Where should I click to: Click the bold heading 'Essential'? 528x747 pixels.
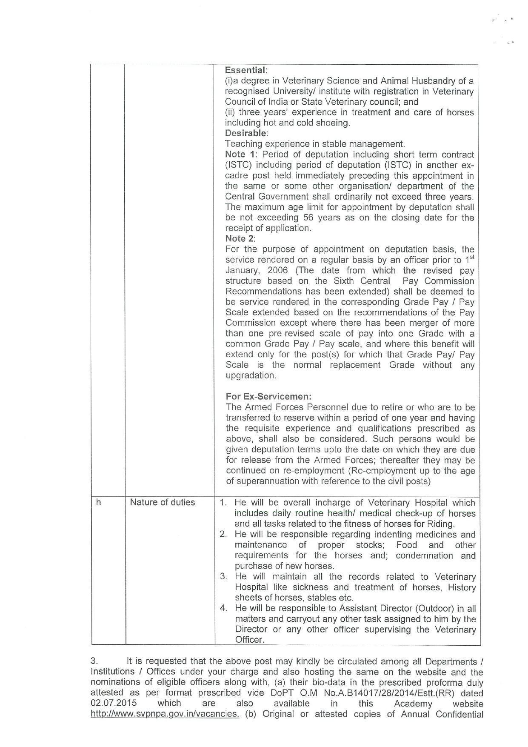click(245, 70)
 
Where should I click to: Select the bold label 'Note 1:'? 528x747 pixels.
click(239, 155)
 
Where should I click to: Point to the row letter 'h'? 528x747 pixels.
click(98, 502)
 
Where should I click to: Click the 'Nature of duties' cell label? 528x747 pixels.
click(162, 502)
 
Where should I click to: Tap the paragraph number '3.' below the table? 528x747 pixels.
click(94, 661)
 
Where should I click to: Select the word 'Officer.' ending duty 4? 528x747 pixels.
click(249, 640)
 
